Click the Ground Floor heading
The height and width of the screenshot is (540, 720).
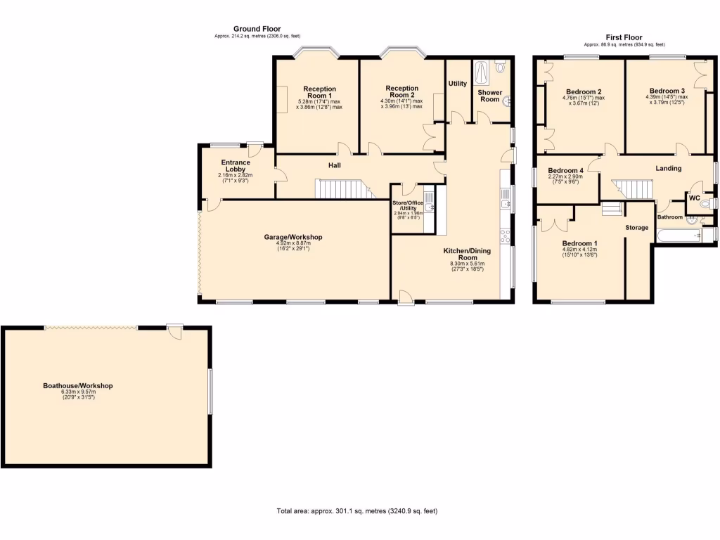257,29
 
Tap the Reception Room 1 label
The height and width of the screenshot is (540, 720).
319,93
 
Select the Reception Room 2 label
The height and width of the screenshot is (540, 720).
401,92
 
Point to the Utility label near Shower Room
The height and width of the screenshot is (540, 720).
458,84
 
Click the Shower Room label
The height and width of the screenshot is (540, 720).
489,96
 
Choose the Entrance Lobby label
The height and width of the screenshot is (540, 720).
234,166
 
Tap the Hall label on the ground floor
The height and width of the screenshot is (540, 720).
334,165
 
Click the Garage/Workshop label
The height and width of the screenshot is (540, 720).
293,237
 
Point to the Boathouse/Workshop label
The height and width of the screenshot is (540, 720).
78,386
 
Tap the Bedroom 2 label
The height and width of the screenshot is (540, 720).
584,91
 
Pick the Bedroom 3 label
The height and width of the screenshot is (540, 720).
667,91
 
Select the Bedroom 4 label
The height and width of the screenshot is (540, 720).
565,171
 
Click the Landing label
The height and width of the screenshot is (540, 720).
668,168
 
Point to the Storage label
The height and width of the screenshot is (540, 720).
636,228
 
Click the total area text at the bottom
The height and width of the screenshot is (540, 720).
361,511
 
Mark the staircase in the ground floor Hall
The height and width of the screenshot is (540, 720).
342,189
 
